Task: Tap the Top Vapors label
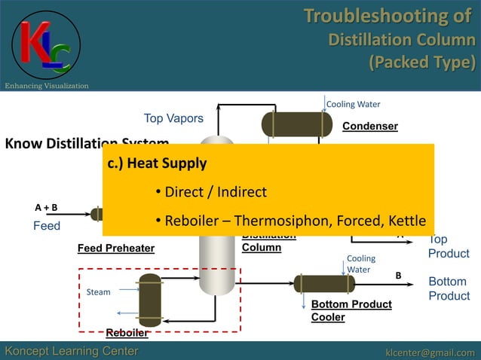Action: (x=173, y=118)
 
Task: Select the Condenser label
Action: (x=369, y=126)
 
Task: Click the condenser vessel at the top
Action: (x=296, y=124)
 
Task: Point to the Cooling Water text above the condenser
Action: (x=353, y=104)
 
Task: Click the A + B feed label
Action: (x=46, y=207)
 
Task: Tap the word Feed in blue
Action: (x=46, y=226)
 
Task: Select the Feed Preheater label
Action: (x=116, y=248)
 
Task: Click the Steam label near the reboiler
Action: (x=99, y=291)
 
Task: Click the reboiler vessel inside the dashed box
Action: (x=150, y=299)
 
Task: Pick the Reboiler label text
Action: (x=127, y=333)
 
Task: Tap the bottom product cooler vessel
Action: (x=324, y=284)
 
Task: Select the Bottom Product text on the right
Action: (x=449, y=288)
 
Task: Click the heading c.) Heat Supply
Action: (x=158, y=163)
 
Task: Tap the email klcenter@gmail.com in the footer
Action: (x=430, y=352)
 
